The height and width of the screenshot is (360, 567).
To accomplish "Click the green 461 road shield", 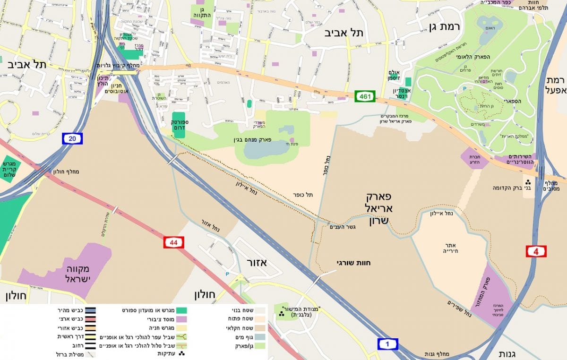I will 365,97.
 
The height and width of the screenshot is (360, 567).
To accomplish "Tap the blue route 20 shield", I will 72,138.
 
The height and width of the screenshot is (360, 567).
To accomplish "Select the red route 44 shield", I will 173,243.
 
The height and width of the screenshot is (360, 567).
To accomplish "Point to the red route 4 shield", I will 536,251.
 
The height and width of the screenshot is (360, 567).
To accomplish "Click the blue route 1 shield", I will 388,344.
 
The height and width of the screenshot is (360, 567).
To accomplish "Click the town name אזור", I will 257,262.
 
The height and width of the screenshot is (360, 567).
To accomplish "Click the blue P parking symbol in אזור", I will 227,274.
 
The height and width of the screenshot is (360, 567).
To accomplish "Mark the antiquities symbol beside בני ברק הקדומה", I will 527,182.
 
